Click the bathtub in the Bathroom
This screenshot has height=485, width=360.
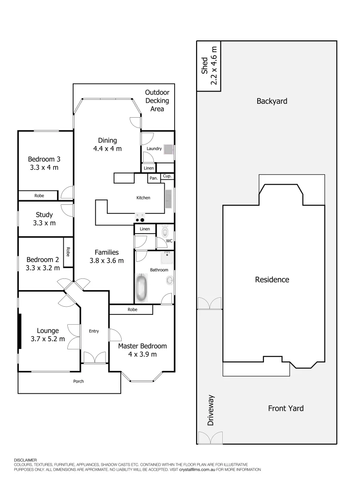[142, 288]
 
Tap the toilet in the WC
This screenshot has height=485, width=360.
[165, 232]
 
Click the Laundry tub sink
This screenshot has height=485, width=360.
[169, 149]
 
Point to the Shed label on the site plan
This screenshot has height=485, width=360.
[205, 66]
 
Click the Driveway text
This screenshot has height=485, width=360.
[211, 410]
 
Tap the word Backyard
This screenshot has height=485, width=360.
[272, 101]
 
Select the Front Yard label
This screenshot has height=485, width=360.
[285, 408]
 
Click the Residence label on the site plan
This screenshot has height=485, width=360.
[272, 279]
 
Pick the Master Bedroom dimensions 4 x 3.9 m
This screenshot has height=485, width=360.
[142, 354]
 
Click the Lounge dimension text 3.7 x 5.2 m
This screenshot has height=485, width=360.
[48, 339]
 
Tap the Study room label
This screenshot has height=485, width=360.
[44, 215]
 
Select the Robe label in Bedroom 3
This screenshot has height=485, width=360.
[39, 196]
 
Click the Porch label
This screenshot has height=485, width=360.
[79, 381]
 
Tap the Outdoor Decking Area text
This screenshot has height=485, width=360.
[157, 101]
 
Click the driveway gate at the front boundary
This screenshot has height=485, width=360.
[210, 438]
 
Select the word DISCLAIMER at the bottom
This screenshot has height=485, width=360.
[25, 460]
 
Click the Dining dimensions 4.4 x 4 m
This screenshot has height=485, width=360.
[107, 149]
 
